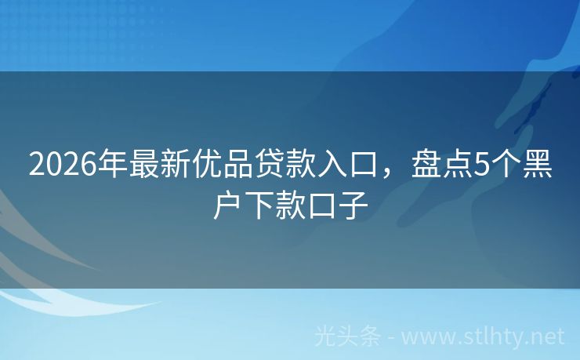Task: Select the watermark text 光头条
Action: coord(347,337)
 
